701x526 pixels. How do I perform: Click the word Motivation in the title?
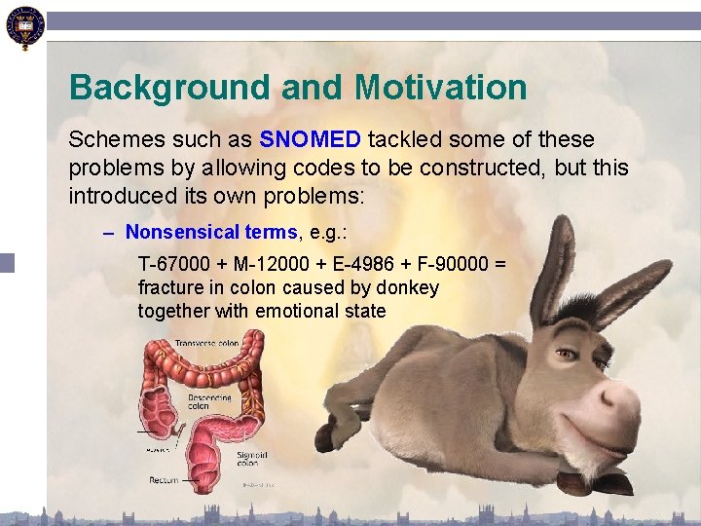pos(441,88)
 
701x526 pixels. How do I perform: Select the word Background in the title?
pos(170,88)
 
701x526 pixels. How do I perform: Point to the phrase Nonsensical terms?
pos(211,232)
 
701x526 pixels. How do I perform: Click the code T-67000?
pos(171,265)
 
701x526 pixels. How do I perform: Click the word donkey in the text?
pos(409,288)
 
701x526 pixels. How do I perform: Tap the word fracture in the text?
pos(171,288)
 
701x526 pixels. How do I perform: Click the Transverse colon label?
pos(205,343)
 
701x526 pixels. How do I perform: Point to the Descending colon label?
pos(212,400)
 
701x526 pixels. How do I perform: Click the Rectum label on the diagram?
pos(163,480)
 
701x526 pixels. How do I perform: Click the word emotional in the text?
pos(294,312)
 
